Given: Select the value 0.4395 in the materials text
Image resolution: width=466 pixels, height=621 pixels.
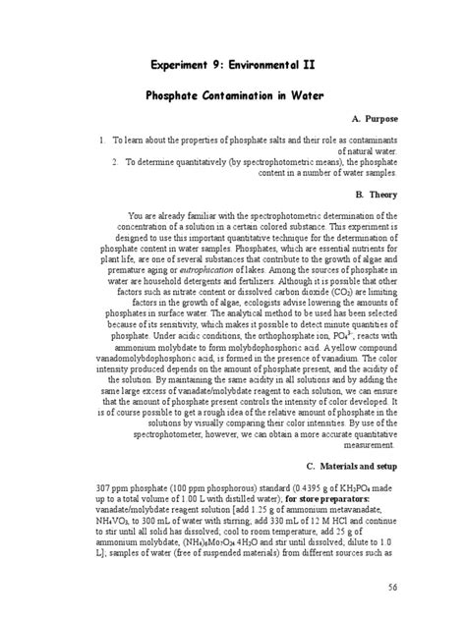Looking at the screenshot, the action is click(286, 488).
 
